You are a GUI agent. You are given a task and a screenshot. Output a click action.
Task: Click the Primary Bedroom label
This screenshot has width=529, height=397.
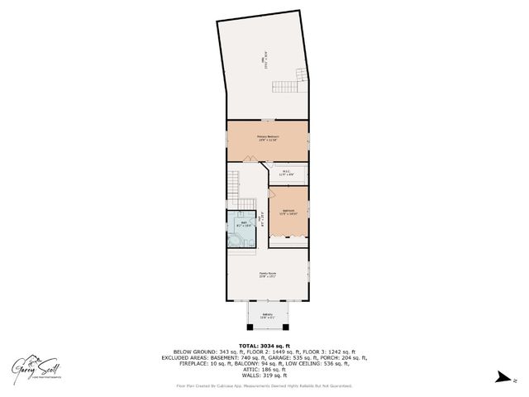pos(267,138)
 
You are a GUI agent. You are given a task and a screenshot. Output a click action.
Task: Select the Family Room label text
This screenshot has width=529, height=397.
pos(267,275)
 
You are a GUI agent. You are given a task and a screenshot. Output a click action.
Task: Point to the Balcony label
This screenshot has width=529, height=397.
pos(267,315)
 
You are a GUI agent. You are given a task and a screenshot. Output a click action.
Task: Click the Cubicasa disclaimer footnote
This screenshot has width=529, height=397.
pos(264,385)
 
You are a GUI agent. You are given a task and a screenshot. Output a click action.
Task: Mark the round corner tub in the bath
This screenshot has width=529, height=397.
pos(237,240)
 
